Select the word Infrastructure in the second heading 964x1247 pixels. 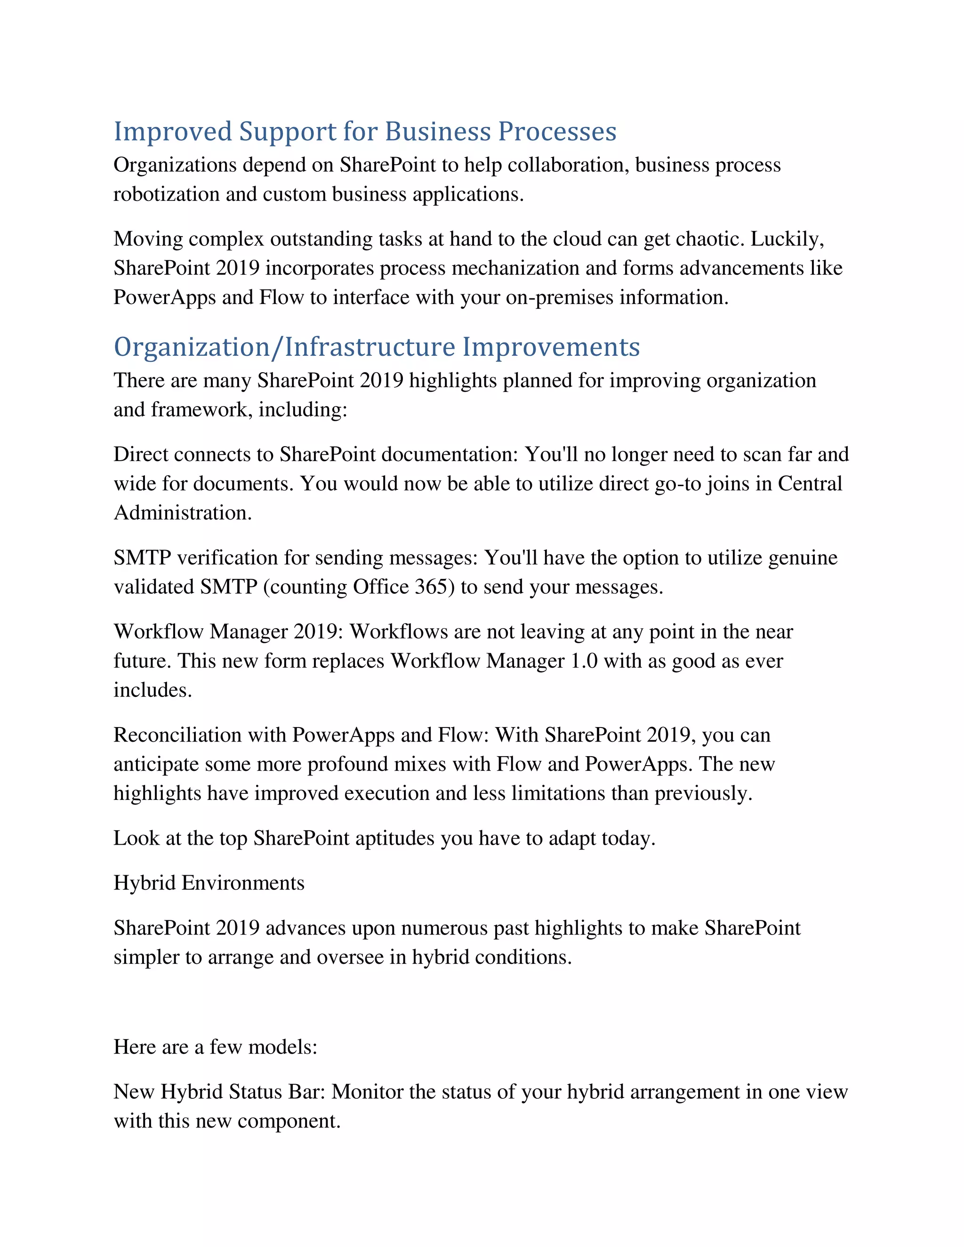[370, 347]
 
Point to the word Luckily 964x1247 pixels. [787, 239]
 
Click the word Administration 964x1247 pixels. [182, 513]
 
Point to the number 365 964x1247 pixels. [434, 587]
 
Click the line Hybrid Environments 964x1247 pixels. [209, 883]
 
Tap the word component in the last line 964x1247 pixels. [289, 1121]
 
